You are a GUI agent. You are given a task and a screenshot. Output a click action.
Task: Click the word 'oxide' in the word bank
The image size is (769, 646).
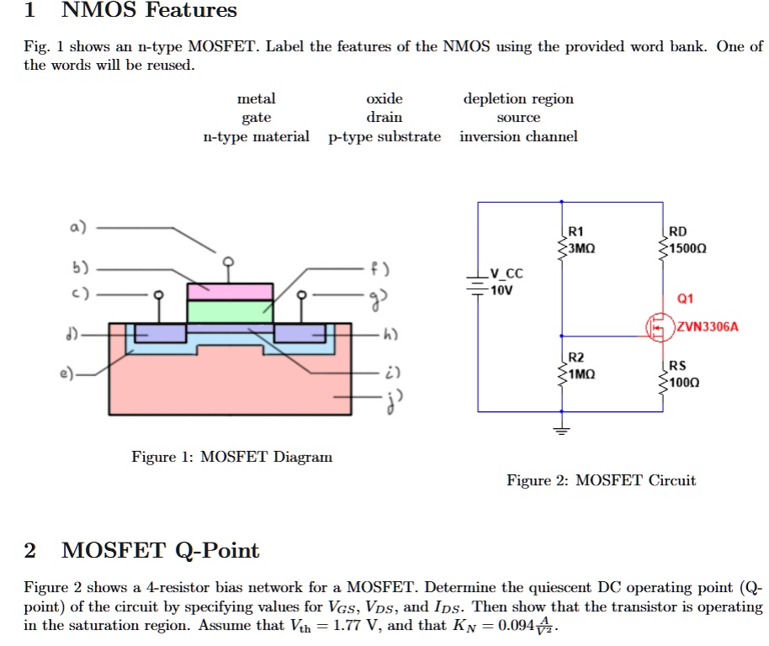click(x=384, y=98)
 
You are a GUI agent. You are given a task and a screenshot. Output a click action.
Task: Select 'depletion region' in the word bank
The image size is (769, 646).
click(x=518, y=98)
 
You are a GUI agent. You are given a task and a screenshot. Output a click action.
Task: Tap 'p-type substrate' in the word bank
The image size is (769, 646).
click(x=384, y=136)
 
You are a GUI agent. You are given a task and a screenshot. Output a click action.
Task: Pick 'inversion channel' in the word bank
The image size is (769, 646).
click(x=518, y=136)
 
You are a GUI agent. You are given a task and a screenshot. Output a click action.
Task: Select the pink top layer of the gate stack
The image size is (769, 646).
click(x=230, y=291)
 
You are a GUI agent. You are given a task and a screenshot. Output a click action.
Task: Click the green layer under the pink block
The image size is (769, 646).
click(x=230, y=311)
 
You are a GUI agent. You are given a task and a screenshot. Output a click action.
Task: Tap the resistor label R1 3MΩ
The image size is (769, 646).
click(x=581, y=241)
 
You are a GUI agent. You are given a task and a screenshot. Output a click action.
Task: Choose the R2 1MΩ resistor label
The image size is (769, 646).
click(x=581, y=365)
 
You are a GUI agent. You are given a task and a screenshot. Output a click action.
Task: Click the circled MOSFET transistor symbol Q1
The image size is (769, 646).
click(x=659, y=327)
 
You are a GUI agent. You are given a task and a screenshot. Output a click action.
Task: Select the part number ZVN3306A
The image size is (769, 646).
click(x=707, y=327)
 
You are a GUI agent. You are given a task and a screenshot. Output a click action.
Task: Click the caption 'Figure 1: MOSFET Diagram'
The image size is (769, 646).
click(x=231, y=457)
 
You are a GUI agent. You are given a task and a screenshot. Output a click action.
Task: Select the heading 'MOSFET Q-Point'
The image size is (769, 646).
click(x=161, y=551)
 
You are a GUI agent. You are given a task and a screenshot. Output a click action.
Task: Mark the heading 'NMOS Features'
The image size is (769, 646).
click(x=150, y=11)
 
